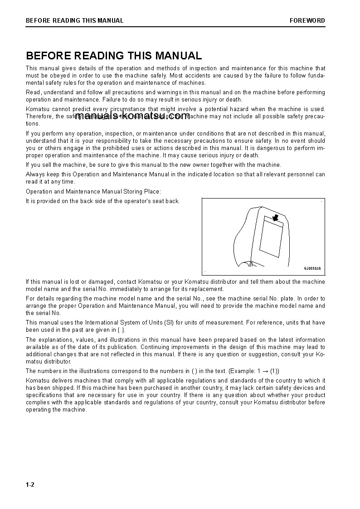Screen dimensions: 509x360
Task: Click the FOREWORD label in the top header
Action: click(307, 20)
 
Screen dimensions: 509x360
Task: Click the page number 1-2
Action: click(30, 485)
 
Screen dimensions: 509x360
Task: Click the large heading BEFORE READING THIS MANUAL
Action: click(114, 56)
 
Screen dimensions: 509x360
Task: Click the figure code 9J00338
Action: click(312, 268)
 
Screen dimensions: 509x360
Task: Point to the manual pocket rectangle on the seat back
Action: click(271, 238)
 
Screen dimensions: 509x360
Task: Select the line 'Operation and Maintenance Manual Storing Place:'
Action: click(93, 192)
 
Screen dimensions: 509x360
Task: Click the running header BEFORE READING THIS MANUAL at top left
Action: click(74, 20)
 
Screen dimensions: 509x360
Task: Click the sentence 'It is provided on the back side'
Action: click(102, 201)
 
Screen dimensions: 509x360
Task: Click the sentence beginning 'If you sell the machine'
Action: click(153, 165)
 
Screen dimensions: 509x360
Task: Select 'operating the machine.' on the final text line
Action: click(56, 410)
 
